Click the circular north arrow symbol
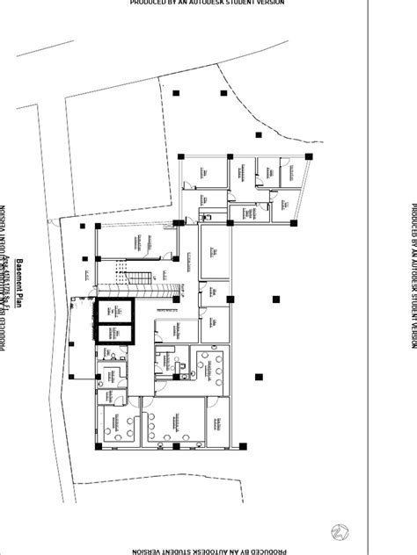pos(338,530)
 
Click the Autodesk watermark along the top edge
pos(208,4)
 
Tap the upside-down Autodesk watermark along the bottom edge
pos(208,551)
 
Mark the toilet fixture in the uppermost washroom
pos(208,214)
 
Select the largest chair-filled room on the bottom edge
pos(172,423)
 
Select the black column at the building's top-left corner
pos(181,155)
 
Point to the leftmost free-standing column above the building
pos(175,92)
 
